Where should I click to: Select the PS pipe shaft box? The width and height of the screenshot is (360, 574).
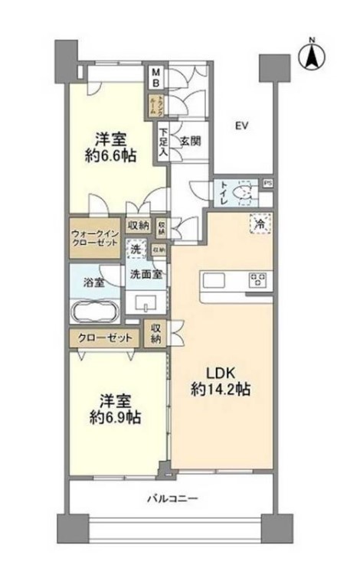pyautogui.click(x=267, y=183)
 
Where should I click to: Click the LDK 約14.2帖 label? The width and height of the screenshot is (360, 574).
pyautogui.click(x=221, y=380)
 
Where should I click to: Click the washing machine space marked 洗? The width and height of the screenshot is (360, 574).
pyautogui.click(x=135, y=248)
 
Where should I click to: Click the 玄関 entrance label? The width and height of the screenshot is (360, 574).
pyautogui.click(x=190, y=141)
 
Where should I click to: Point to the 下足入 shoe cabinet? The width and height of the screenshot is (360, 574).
pyautogui.click(x=164, y=142)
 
